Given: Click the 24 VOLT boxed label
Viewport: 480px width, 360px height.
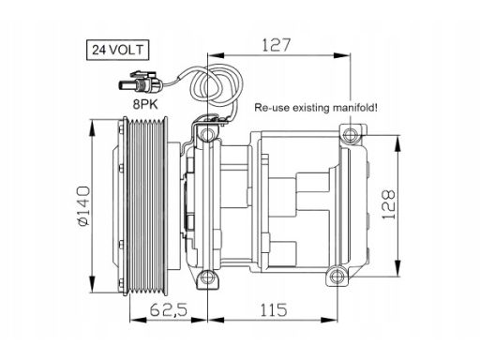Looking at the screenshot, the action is (117, 50).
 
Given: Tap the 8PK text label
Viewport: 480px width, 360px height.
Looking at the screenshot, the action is (145, 104).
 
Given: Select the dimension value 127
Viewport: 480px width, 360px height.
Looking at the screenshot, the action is (277, 45).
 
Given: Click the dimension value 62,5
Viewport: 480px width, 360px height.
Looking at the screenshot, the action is (169, 310).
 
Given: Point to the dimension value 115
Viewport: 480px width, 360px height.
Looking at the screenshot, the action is (274, 310).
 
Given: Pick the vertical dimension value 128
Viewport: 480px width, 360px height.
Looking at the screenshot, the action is (389, 204).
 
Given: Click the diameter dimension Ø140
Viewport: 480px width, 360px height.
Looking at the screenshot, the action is (83, 205).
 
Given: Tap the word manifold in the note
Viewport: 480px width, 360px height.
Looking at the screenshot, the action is (355, 108).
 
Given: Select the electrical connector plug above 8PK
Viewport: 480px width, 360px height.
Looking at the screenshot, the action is (141, 82).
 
